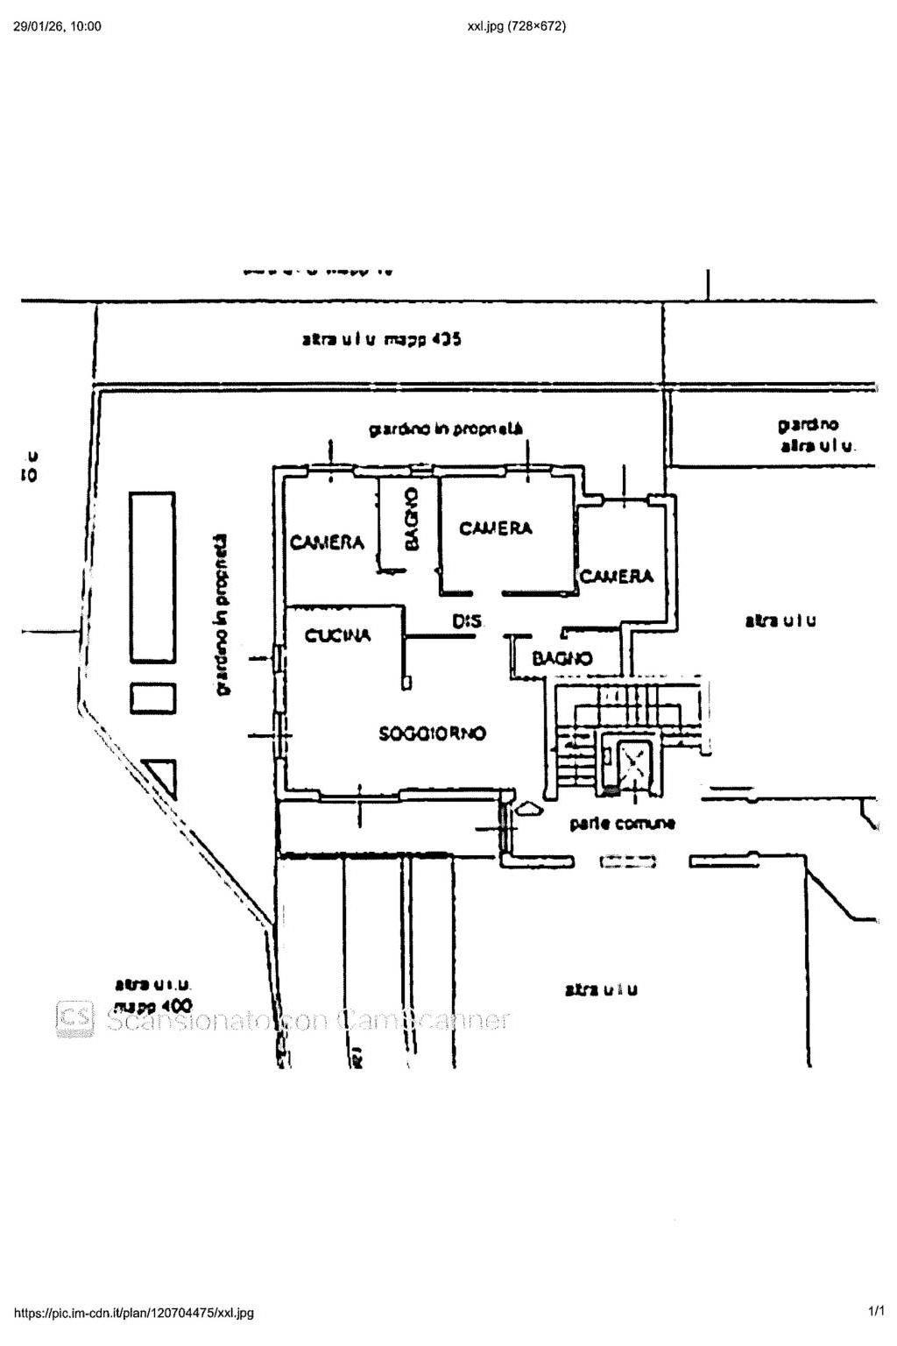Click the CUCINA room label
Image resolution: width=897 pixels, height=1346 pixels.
pyautogui.click(x=337, y=635)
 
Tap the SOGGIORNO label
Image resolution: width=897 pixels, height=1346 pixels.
pyautogui.click(x=432, y=733)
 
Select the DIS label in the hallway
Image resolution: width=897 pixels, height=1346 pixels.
pyautogui.click(x=467, y=621)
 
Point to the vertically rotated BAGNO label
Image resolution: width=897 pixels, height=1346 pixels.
pyautogui.click(x=412, y=520)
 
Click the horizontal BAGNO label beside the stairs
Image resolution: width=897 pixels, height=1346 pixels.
pyautogui.click(x=562, y=658)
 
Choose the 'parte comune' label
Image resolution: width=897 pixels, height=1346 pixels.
pyautogui.click(x=622, y=824)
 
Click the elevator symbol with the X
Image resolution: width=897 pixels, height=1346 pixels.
pyautogui.click(x=632, y=765)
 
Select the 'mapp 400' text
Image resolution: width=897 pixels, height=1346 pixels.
pyautogui.click(x=154, y=1007)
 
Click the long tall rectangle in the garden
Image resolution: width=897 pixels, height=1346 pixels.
pyautogui.click(x=152, y=576)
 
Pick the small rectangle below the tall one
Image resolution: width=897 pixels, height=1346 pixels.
pyautogui.click(x=152, y=698)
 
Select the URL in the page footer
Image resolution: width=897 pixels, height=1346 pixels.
pyautogui.click(x=135, y=1312)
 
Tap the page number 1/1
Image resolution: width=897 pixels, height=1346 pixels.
pyautogui.click(x=876, y=1311)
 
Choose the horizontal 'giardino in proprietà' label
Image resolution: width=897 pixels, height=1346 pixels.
pyautogui.click(x=445, y=429)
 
